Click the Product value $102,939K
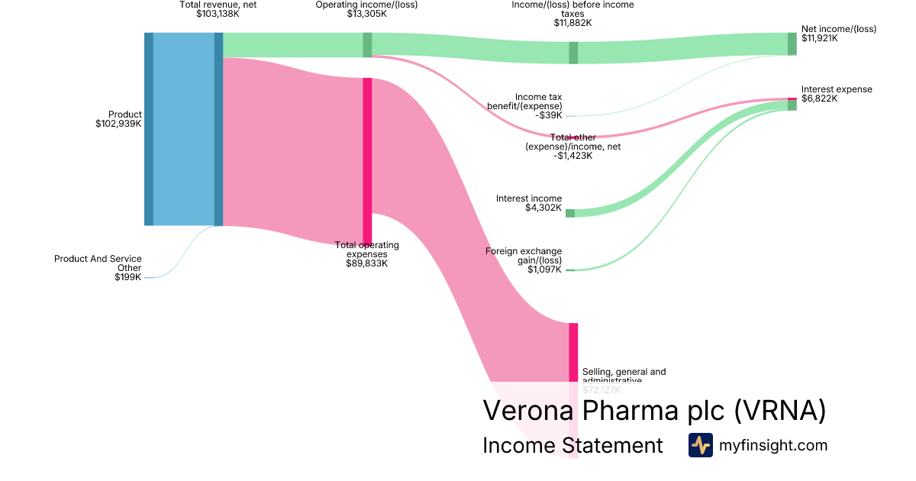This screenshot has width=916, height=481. tap(118, 124)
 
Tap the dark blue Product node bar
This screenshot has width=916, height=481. tap(149, 129)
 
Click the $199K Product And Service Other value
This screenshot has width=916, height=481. tap(128, 277)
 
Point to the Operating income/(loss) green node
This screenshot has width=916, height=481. tap(367, 45)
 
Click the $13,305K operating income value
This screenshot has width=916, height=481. tap(366, 14)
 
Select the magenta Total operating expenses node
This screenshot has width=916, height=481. tap(367, 160)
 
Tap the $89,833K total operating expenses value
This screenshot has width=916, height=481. tap(366, 263)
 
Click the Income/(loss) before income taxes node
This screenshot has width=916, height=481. tap(573, 53)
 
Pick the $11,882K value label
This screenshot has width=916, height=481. tap(572, 23)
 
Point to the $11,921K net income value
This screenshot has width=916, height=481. tap(819, 38)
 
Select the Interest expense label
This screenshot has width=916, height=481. tap(837, 89)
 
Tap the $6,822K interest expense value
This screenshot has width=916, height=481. tap(819, 98)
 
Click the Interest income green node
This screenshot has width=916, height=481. tap(569, 213)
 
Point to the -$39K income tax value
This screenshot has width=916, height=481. tap(549, 115)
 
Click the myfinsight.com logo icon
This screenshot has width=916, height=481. tap(700, 445)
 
